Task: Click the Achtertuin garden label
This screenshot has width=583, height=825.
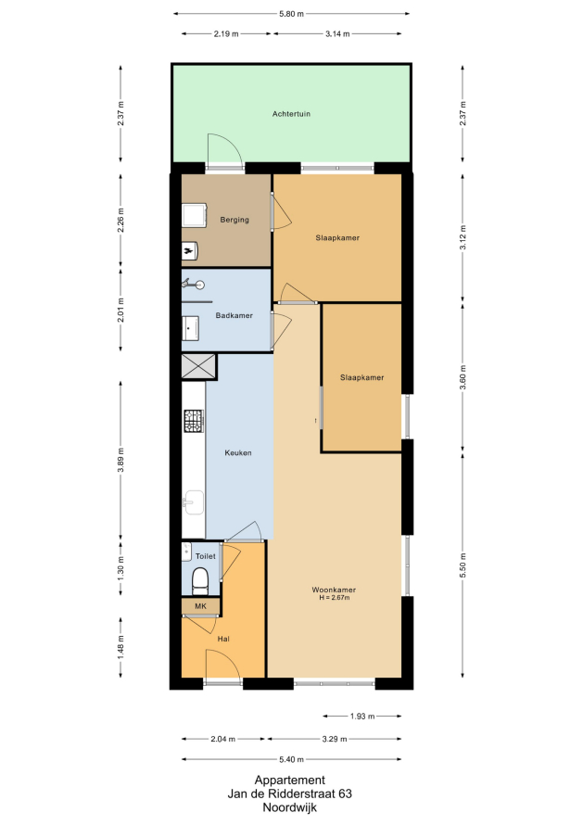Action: tap(291, 114)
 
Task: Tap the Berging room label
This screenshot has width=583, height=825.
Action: tap(234, 220)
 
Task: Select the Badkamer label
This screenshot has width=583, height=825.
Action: tap(234, 316)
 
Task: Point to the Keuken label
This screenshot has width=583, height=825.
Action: tap(238, 452)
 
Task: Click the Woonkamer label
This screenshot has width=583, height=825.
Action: tap(334, 590)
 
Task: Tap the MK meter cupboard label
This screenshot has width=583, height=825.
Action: tap(200, 606)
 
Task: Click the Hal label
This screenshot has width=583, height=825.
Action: tap(223, 639)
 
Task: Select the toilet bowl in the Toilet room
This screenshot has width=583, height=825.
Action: tap(200, 580)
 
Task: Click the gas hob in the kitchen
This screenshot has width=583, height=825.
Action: tap(194, 421)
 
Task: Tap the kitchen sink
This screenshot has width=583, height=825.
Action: tap(194, 502)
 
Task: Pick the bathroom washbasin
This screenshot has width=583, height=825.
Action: tap(190, 327)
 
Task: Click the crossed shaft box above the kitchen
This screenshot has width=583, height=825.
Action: tap(198, 366)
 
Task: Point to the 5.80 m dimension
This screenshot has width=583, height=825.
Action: tap(291, 14)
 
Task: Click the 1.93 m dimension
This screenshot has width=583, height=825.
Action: tap(362, 717)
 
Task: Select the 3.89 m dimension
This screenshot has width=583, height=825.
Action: tap(121, 461)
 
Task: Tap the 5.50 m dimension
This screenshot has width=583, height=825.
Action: tap(463, 565)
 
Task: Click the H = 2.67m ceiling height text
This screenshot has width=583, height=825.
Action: tap(334, 598)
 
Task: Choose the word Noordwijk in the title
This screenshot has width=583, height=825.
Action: tap(290, 807)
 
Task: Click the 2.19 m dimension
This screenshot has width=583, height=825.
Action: tap(226, 33)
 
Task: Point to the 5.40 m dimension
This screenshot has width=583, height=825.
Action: tap(291, 759)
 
